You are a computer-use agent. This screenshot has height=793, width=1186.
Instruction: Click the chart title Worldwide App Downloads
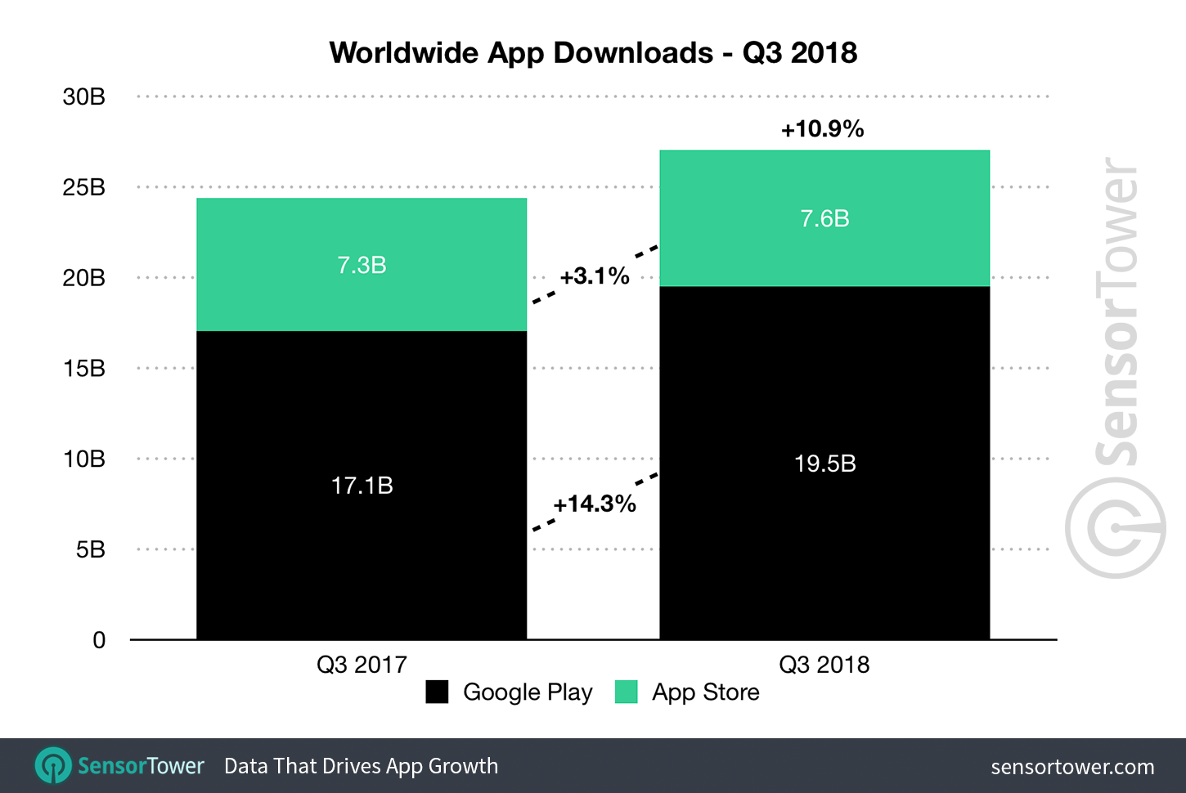(593, 53)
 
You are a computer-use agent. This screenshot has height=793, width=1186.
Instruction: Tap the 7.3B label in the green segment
(362, 265)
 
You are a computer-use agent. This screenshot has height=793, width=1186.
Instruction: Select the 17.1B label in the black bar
(362, 486)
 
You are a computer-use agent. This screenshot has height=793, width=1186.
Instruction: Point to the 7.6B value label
(824, 218)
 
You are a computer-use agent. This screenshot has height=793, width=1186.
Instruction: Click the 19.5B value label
(824, 464)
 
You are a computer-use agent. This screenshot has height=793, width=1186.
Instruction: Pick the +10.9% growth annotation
(822, 129)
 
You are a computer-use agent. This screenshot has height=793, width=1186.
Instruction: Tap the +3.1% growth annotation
(595, 276)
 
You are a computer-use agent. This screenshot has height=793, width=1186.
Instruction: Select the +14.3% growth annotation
(595, 504)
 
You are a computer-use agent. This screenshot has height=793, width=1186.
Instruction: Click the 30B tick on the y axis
(83, 97)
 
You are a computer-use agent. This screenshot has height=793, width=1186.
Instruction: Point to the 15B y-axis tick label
(83, 369)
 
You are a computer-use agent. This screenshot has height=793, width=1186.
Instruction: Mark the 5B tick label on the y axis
(90, 549)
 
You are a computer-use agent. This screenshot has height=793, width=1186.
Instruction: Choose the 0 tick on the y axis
(99, 640)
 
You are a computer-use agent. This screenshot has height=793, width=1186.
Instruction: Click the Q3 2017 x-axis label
(362, 665)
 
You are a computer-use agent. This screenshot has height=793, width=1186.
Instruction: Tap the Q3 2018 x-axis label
(824, 665)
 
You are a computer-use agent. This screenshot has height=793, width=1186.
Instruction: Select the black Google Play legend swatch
(437, 692)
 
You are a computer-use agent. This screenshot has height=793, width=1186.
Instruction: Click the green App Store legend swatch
(626, 692)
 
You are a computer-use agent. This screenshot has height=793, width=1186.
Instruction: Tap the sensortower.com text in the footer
(1071, 767)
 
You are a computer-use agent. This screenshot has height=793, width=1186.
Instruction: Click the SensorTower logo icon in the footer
(53, 766)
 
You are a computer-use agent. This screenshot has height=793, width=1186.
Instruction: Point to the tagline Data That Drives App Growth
(361, 766)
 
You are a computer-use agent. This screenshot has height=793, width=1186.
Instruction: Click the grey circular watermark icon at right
(1115, 528)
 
